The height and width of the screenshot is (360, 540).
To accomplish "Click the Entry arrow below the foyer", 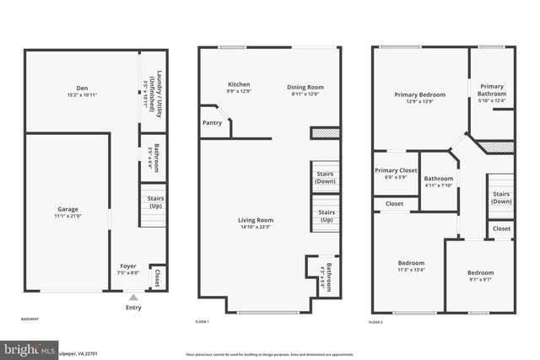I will point(132,296).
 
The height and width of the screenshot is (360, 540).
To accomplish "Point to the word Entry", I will point(133,308).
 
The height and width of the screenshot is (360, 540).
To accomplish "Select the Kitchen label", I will point(240,84).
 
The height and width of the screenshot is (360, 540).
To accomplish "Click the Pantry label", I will point(213,122).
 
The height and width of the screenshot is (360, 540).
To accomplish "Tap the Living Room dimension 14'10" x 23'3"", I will point(256,227).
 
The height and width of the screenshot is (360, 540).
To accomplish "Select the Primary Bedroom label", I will point(419,94).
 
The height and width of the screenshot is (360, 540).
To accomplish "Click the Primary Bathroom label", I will point(492,90).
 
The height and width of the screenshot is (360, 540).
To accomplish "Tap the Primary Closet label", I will point(396,170).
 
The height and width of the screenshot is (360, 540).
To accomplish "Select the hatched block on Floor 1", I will point(324,132).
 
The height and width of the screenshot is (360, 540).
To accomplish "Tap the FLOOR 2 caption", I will point(375,322).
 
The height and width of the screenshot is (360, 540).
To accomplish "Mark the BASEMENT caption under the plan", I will point(30,320).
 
